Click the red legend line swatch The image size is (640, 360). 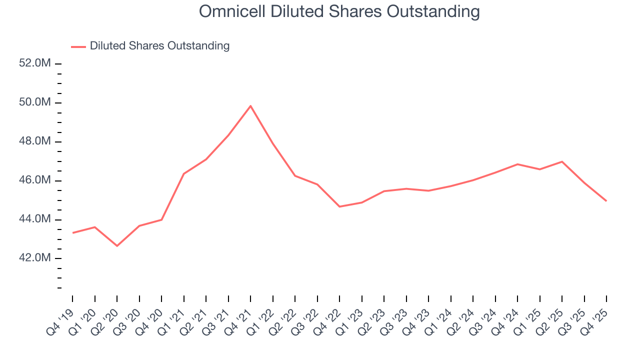[x=78, y=46]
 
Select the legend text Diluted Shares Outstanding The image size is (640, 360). [x=159, y=46]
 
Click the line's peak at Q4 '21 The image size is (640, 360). [x=250, y=105]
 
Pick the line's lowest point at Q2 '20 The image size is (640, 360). [x=117, y=246]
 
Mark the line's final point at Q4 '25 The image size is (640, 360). [x=606, y=201]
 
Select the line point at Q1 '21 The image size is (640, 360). [x=183, y=173]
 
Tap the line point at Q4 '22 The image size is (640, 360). [x=339, y=206]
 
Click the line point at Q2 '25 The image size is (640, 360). [x=562, y=161]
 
